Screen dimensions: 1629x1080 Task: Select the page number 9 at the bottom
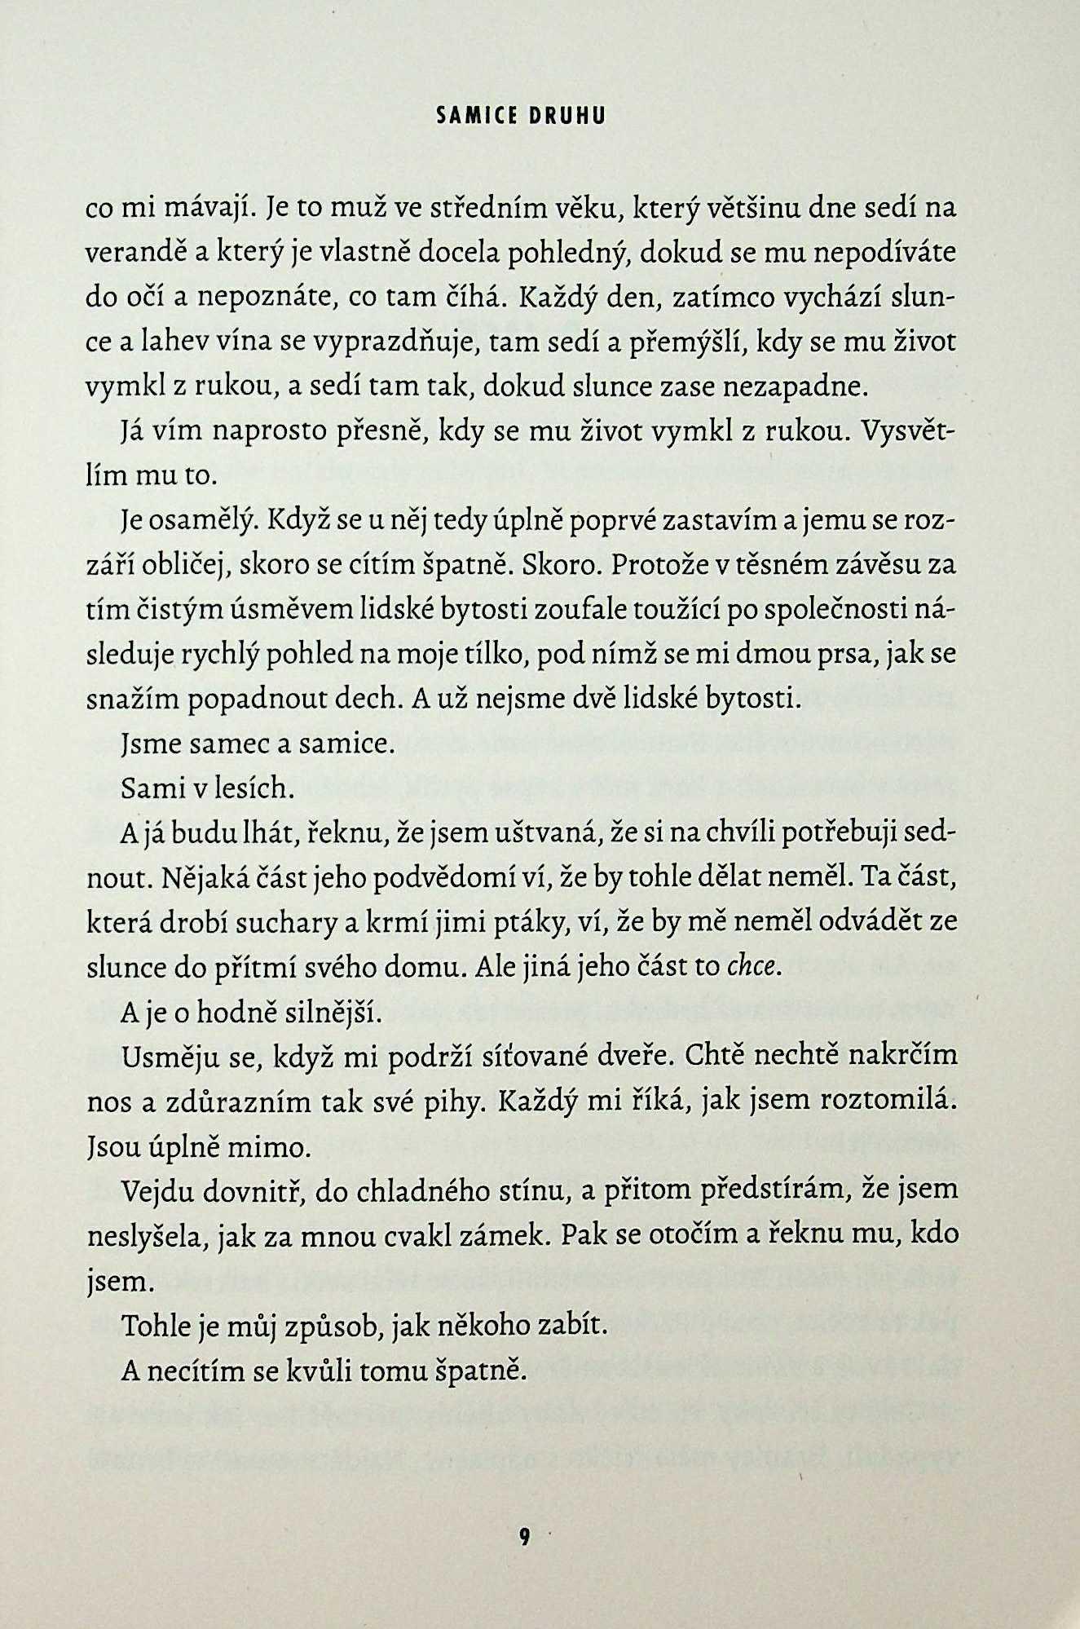(524, 1538)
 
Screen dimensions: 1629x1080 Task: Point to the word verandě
(134, 253)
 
